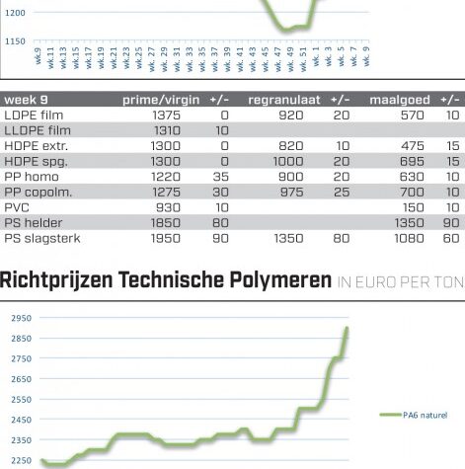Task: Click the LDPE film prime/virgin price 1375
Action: point(167,116)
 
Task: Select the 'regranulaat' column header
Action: point(284,100)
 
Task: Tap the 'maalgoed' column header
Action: point(400,100)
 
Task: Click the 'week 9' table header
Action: point(26,100)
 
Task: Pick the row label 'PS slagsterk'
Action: point(42,238)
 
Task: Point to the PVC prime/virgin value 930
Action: point(168,207)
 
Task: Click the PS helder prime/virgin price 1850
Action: point(166,223)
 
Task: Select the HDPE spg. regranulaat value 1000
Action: point(288,161)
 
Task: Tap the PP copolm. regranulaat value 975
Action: point(291,193)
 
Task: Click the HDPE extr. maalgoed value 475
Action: point(413,146)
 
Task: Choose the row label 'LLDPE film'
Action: point(38,130)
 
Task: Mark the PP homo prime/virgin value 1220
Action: point(166,177)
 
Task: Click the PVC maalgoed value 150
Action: point(414,207)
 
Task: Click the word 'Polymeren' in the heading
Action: point(280,280)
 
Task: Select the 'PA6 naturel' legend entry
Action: point(414,415)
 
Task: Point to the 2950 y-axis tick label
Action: point(22,318)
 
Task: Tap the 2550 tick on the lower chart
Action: point(22,400)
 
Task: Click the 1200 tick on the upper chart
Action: point(15,13)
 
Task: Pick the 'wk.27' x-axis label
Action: point(152,59)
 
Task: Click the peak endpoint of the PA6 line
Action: point(347,328)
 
